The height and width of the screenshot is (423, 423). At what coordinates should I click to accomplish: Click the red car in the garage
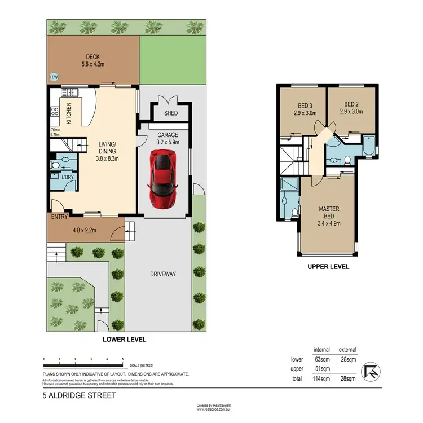163,179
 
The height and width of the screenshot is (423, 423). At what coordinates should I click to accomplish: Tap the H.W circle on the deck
54,77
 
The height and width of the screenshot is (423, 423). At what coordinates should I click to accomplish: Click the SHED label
171,113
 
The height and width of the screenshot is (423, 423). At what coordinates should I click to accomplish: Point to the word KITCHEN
69,113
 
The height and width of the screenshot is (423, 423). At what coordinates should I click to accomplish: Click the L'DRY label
68,178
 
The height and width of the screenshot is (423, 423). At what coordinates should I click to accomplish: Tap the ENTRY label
59,217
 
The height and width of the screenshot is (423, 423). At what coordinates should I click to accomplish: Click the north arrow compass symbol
370,370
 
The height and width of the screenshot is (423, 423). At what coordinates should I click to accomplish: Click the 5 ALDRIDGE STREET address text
80,395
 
